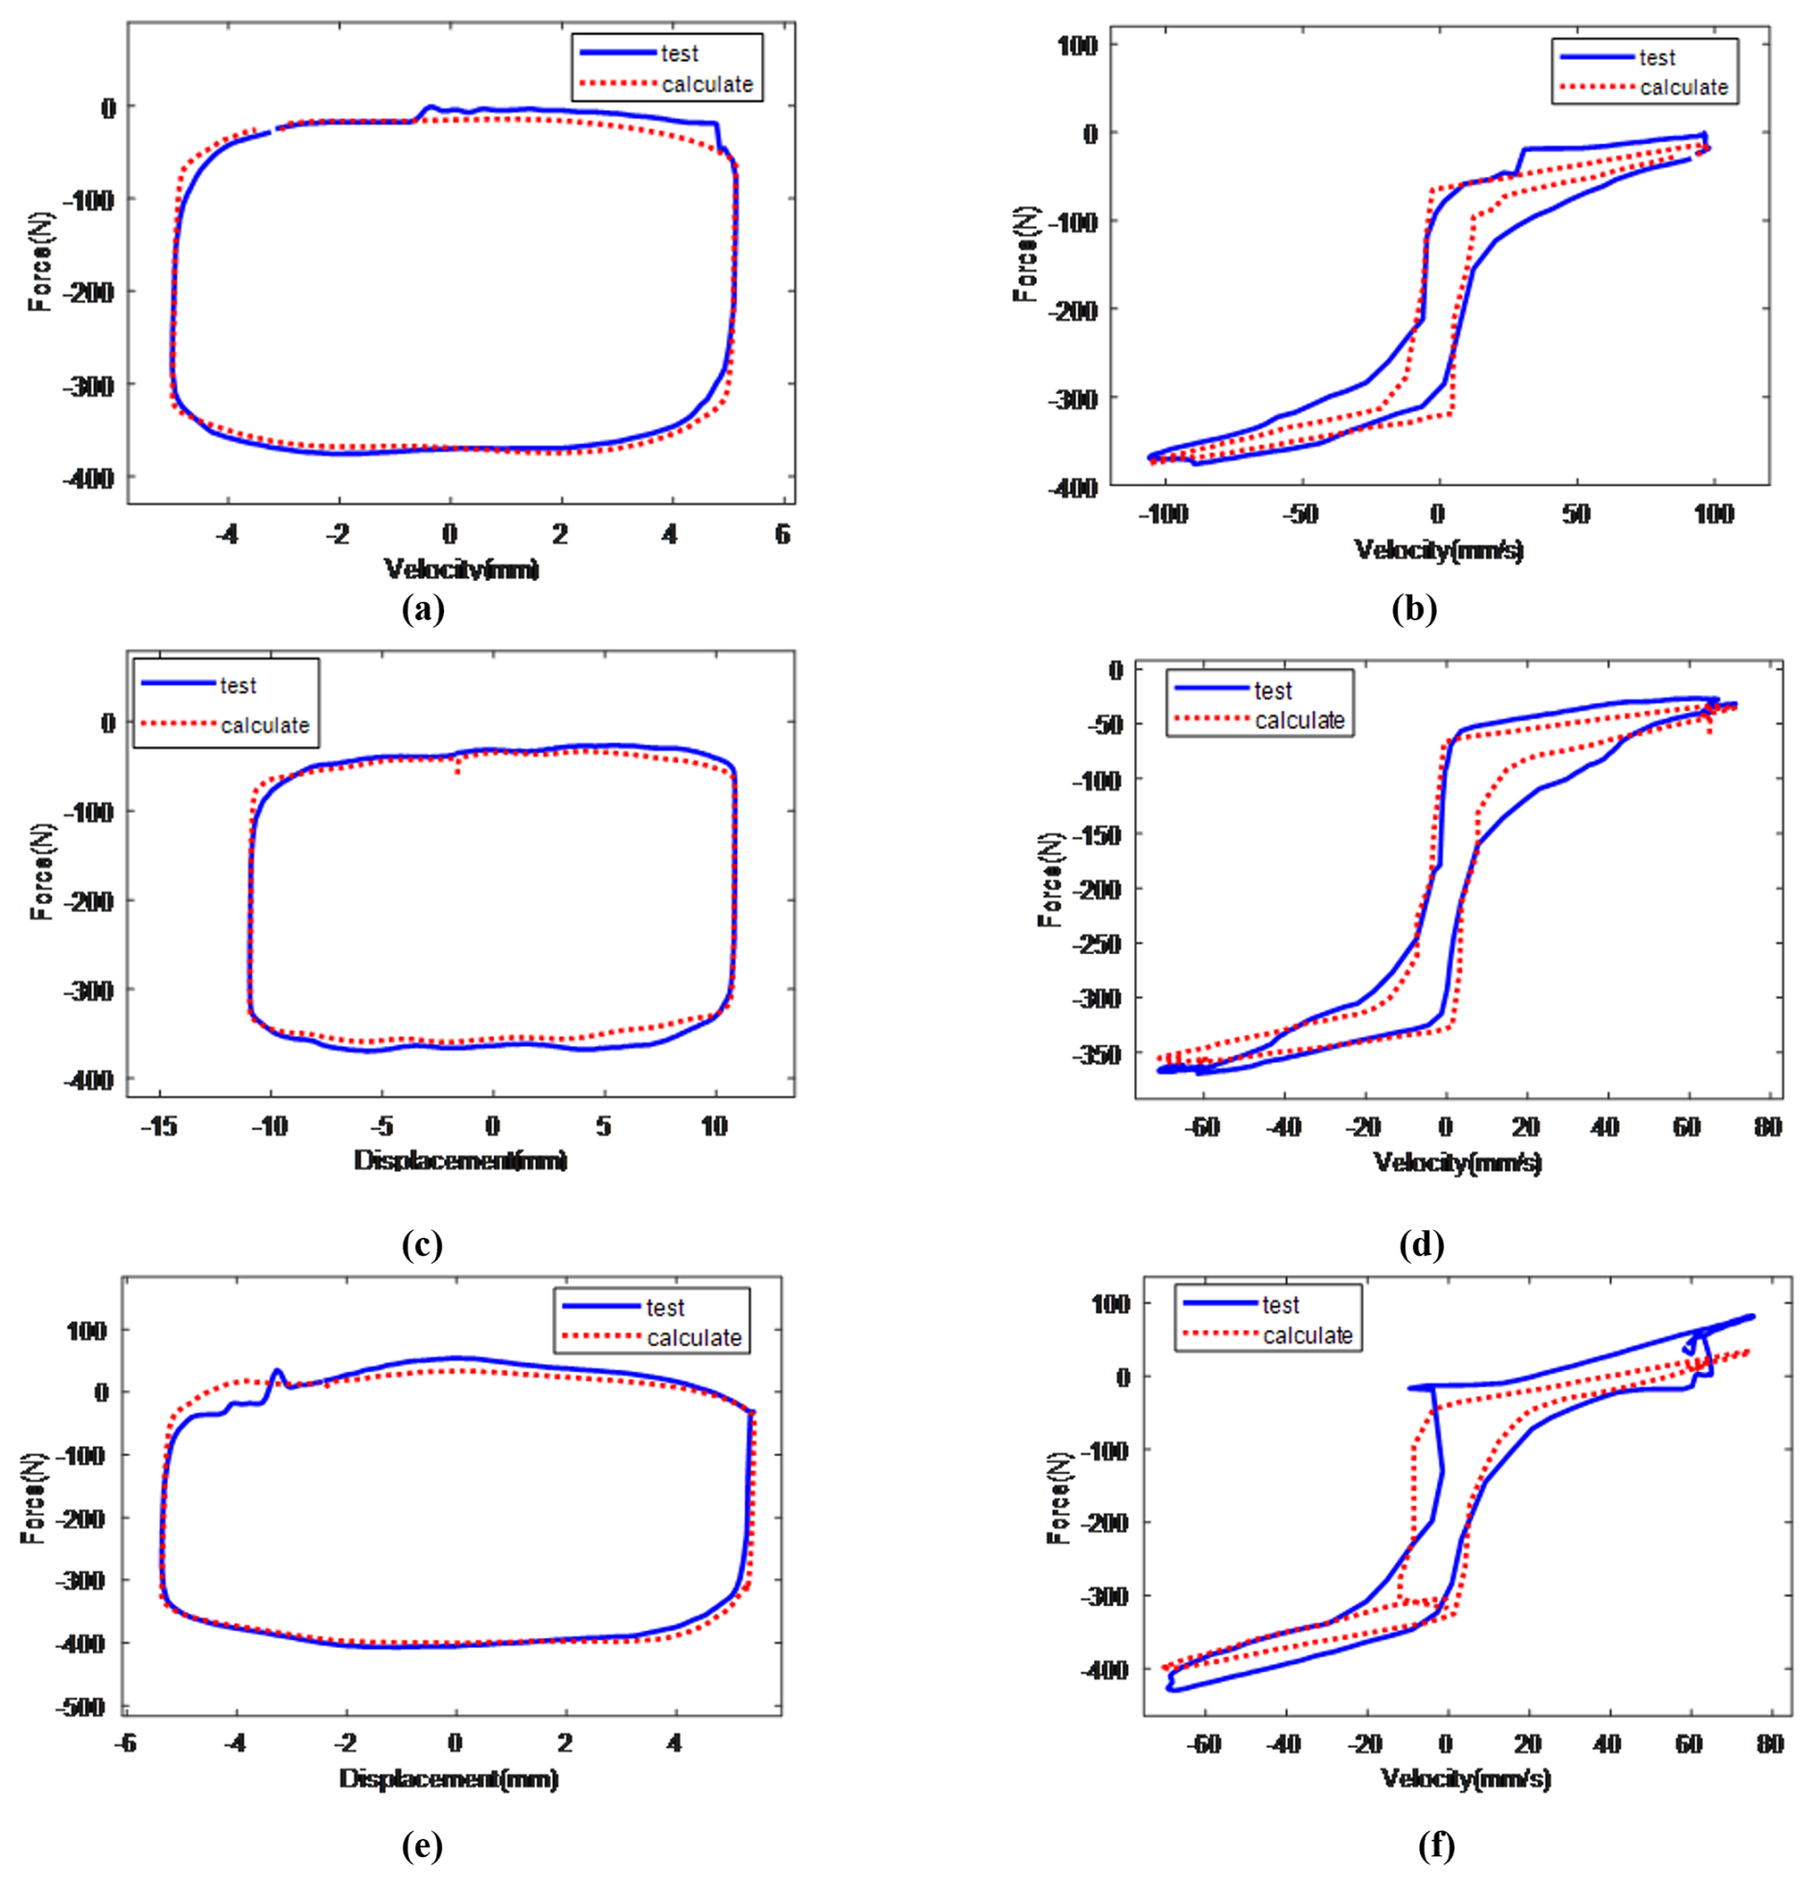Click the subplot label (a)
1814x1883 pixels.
[x=423, y=610]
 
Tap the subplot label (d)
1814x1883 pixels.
[x=1422, y=1245]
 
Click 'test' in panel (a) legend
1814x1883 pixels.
[x=679, y=54]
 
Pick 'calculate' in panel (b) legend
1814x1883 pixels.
[x=1684, y=87]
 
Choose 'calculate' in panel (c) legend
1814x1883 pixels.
[x=265, y=726]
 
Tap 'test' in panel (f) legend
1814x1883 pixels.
[x=1280, y=1306]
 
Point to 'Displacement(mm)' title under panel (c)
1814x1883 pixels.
[x=460, y=1160]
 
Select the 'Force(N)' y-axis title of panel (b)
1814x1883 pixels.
[x=1025, y=254]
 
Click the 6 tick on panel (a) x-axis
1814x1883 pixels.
[x=782, y=534]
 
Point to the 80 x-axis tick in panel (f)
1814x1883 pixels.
[x=1769, y=1744]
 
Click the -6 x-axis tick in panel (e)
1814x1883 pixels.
[x=126, y=1743]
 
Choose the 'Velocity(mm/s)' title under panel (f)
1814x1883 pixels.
[x=1465, y=1778]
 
